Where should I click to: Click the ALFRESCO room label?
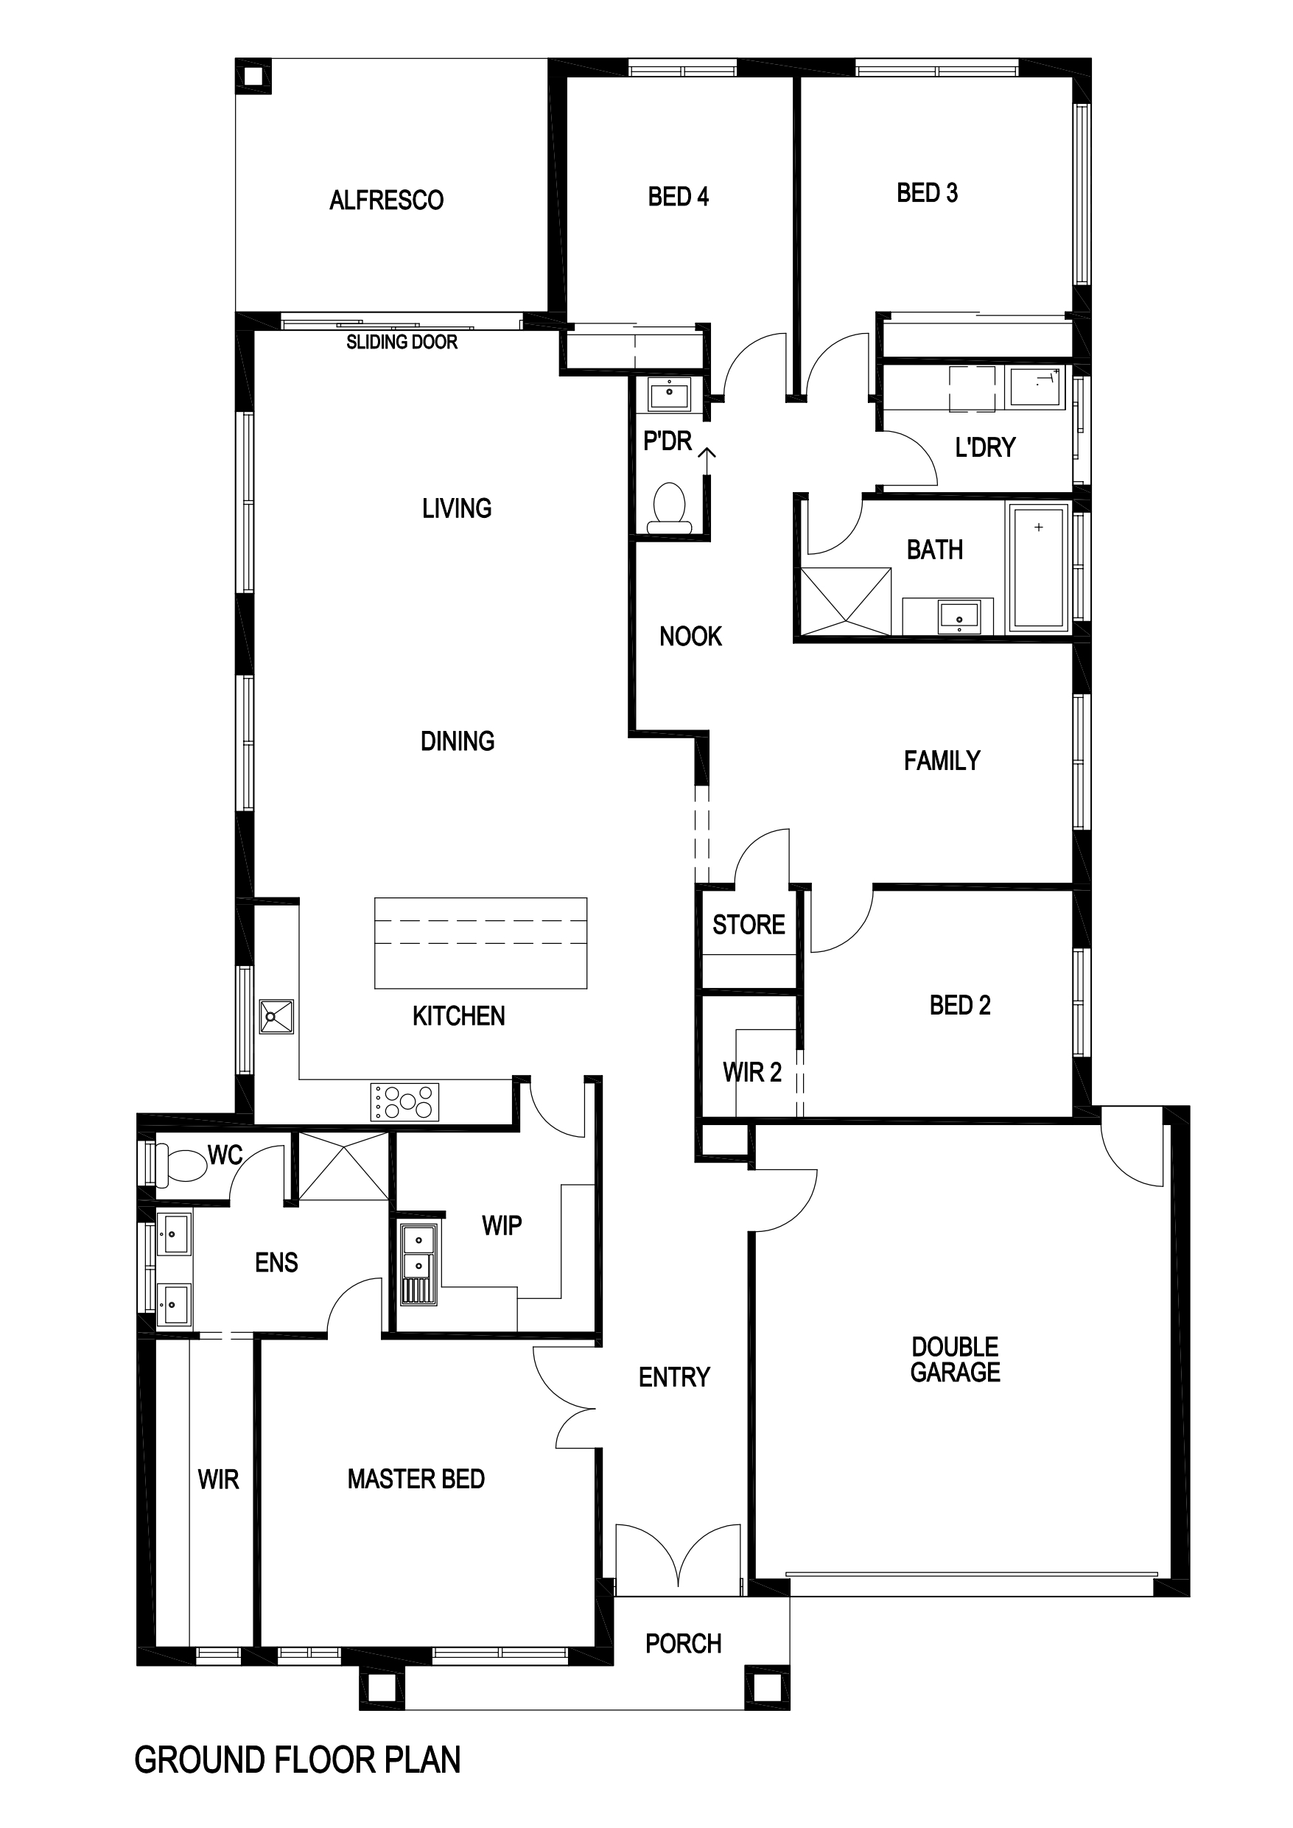pyautogui.click(x=386, y=200)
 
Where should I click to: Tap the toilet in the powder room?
pyautogui.click(x=669, y=508)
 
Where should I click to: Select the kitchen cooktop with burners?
pyautogui.click(x=404, y=1102)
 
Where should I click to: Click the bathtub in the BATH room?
pyautogui.click(x=1039, y=567)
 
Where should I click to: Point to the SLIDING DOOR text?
pyautogui.click(x=402, y=343)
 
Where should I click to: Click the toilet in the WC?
pyautogui.click(x=181, y=1165)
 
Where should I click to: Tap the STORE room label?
pyautogui.click(x=749, y=925)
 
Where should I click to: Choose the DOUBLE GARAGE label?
pyautogui.click(x=956, y=1359)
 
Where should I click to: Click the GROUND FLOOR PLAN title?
pyautogui.click(x=298, y=1759)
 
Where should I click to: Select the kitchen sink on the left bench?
pyautogui.click(x=276, y=1017)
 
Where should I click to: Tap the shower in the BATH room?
pyautogui.click(x=846, y=601)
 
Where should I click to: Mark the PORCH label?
pyautogui.click(x=683, y=1643)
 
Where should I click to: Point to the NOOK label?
pyautogui.click(x=690, y=636)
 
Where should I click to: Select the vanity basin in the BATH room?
pyautogui.click(x=959, y=617)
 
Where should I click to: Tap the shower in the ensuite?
pyautogui.click(x=344, y=1166)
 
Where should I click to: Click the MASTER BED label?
pyautogui.click(x=416, y=1479)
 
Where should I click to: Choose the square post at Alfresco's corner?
pyautogui.click(x=253, y=77)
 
